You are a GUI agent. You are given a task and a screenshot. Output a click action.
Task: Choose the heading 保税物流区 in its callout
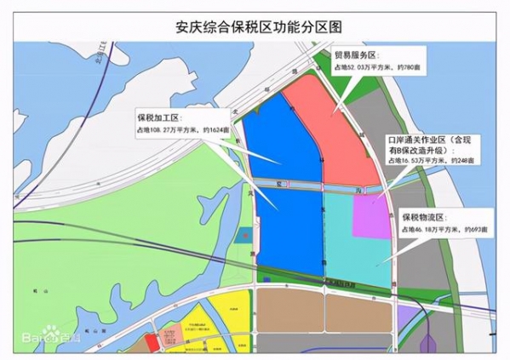tap(423, 217)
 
